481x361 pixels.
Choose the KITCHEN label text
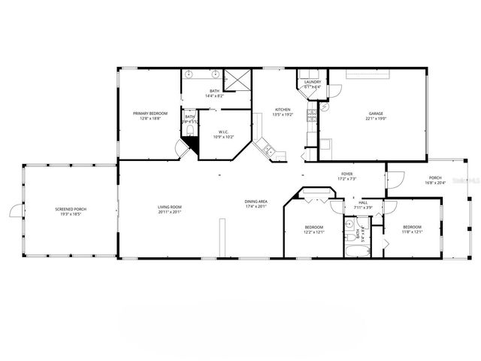[283, 109]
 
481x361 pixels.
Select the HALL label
[363, 202]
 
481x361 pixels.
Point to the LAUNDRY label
[312, 82]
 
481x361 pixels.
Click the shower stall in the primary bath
[240, 78]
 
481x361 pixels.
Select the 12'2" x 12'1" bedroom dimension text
[314, 232]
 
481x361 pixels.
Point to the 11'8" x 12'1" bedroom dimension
[412, 232]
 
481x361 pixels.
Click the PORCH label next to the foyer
[436, 178]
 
